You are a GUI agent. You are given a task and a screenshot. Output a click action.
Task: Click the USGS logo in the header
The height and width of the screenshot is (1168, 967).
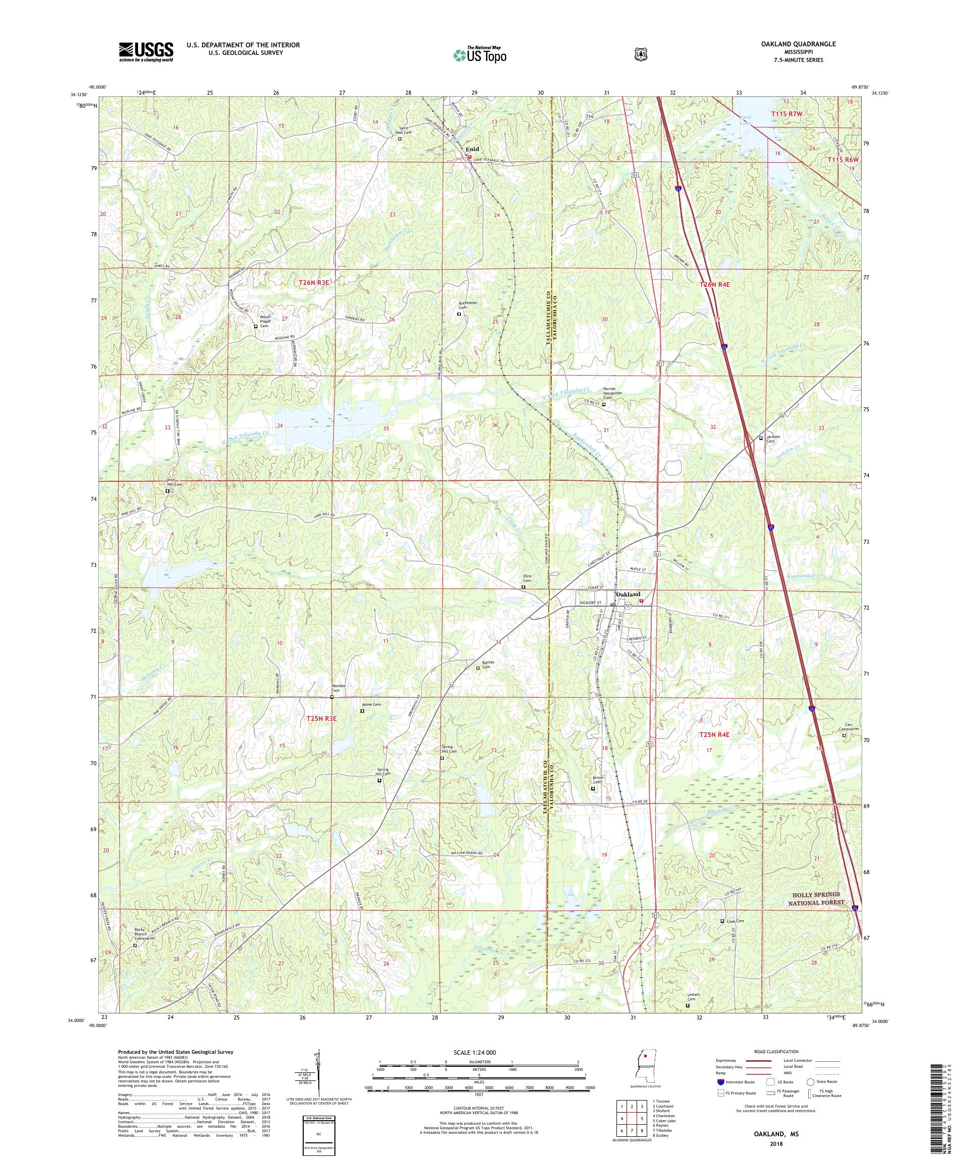146,52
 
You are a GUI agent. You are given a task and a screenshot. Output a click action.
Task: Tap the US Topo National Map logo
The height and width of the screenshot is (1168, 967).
479,54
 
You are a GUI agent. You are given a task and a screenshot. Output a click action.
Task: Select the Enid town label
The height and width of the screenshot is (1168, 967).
472,149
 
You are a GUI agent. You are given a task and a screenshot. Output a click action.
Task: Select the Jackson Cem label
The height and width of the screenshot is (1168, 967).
774,437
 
